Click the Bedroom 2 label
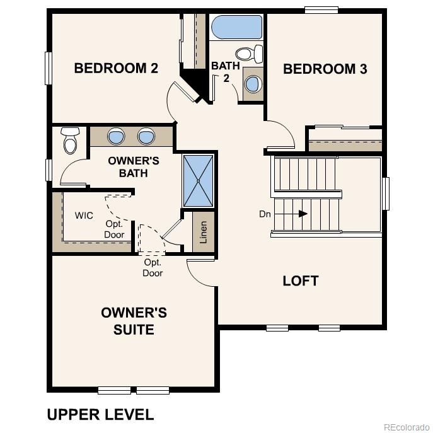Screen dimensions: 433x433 coord(116,68)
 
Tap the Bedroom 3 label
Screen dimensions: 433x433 coord(325,69)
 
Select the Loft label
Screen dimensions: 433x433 coord(301,280)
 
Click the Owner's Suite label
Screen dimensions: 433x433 coord(134,321)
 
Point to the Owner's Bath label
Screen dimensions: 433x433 coord(134,166)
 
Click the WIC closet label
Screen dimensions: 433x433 coord(84,216)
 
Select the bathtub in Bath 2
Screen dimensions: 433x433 coord(236,28)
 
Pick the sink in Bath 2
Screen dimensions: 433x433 coord(253,83)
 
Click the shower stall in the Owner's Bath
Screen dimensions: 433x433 coord(198,180)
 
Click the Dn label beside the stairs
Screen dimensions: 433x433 coord(265,214)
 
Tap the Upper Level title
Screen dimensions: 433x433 coord(100,414)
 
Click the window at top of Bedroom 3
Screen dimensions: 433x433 coord(321,9)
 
